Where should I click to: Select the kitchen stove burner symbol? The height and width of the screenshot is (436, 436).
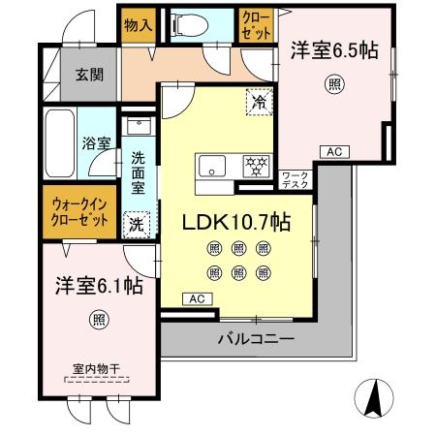point(255,165)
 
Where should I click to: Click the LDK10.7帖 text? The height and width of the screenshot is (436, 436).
point(236,222)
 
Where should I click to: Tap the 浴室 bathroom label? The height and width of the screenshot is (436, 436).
point(96,142)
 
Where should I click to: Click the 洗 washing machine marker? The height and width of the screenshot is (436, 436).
point(138,222)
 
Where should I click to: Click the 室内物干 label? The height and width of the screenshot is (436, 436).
point(96,368)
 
